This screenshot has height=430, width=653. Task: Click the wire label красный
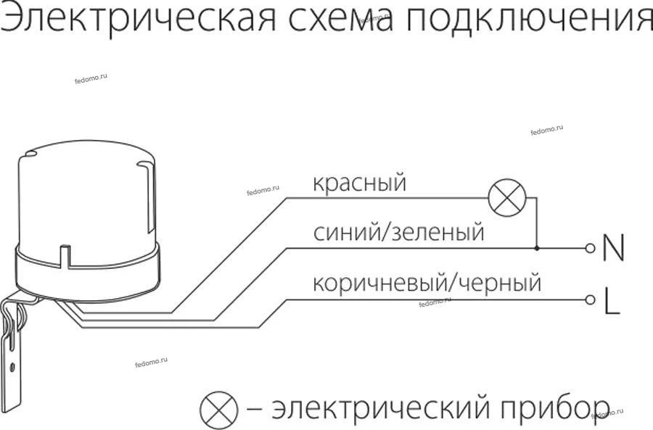click(x=359, y=183)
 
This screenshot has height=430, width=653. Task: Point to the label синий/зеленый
click(x=398, y=233)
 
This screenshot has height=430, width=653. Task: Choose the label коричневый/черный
click(x=427, y=282)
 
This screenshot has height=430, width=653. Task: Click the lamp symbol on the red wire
click(x=506, y=197)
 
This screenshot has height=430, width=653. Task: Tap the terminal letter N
click(x=613, y=249)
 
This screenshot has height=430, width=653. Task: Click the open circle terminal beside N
click(x=590, y=248)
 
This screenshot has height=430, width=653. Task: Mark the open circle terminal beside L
click(x=590, y=299)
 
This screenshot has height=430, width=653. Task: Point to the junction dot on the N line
click(x=537, y=248)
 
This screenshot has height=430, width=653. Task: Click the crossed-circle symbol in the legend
click(x=218, y=410)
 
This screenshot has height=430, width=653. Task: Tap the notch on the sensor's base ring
click(x=66, y=257)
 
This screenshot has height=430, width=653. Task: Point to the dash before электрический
click(x=255, y=410)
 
